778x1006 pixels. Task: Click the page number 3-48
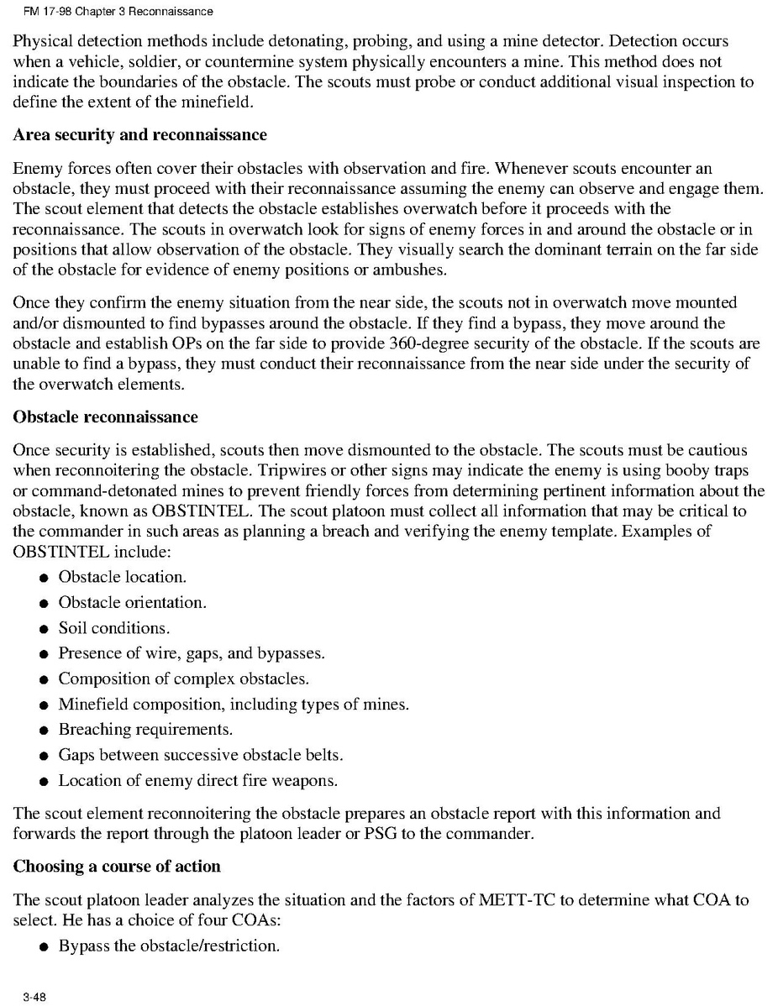[24, 997]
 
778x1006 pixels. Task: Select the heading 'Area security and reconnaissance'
[139, 135]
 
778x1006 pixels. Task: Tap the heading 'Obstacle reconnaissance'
[105, 417]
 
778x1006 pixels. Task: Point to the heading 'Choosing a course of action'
[117, 867]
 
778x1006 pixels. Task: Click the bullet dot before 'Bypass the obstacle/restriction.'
[43, 946]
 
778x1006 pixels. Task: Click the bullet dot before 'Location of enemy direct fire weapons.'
[43, 781]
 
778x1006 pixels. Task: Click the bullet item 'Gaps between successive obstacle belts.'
[200, 755]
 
